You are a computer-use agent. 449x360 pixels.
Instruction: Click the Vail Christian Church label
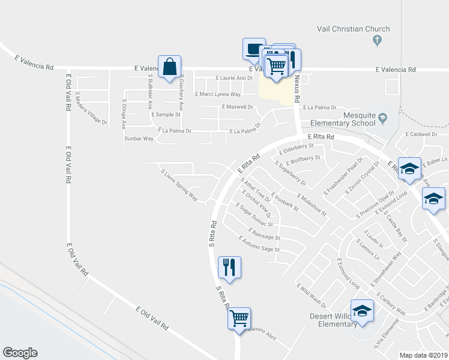(354, 29)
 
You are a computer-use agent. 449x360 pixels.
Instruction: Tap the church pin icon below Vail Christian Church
(377, 41)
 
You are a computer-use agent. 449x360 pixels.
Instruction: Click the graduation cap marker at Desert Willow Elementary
(362, 311)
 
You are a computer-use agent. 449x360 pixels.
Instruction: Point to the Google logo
(20, 353)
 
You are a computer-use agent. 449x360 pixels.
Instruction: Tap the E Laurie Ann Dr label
(234, 78)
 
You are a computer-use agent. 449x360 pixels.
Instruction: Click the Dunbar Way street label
(140, 139)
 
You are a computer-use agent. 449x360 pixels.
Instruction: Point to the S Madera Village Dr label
(91, 109)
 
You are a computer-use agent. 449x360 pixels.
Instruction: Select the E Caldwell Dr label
(421, 134)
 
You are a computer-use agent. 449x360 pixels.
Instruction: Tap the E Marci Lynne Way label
(217, 94)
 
